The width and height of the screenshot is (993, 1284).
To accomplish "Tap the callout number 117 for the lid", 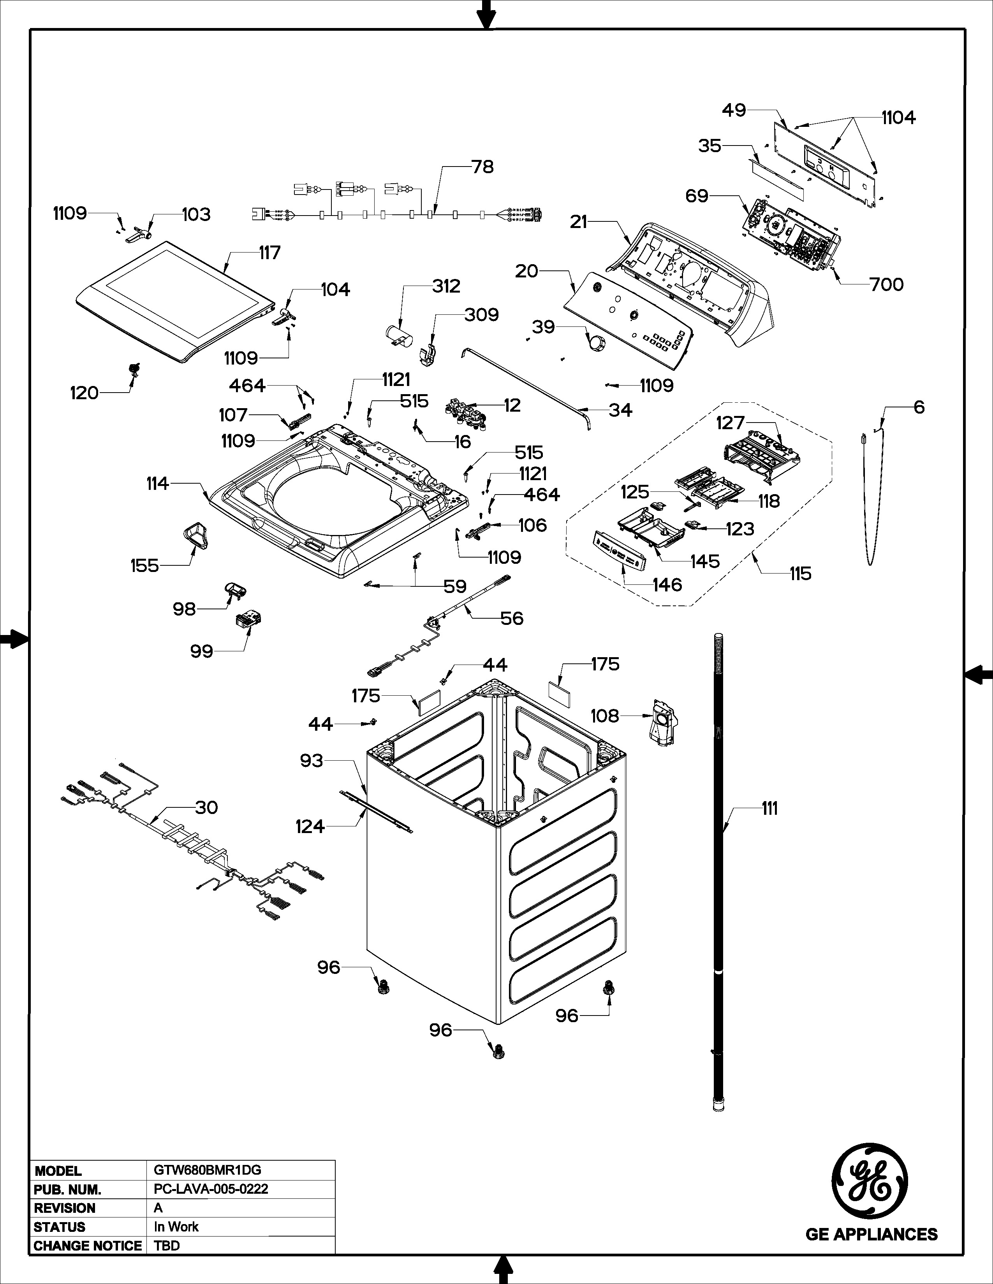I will [270, 253].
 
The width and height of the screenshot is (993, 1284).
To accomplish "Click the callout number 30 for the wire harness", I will [206, 807].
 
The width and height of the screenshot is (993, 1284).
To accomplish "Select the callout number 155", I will [145, 566].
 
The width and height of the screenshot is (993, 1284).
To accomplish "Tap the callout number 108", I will [605, 716].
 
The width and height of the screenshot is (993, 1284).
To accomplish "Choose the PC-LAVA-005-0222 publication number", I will [211, 1189].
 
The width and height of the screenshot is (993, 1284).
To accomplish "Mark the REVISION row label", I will [65, 1208].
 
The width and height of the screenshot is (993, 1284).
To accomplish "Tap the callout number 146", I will [667, 584].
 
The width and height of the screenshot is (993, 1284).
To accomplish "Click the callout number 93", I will [312, 761].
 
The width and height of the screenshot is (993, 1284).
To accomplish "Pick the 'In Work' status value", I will [176, 1226].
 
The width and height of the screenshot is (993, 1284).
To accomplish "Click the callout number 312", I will [446, 286].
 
